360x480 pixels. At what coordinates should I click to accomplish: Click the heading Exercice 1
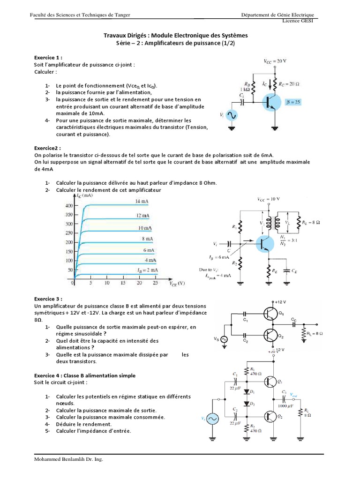click(x=48, y=57)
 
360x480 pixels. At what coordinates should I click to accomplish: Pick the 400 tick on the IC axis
click(x=69, y=205)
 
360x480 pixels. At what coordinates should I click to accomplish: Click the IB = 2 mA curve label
click(x=147, y=270)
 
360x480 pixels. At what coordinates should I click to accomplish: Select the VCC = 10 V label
click(x=269, y=199)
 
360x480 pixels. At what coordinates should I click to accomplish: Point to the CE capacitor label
click(x=293, y=271)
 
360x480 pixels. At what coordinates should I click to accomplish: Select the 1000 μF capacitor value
click(x=286, y=405)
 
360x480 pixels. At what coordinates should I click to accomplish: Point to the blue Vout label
click(x=296, y=395)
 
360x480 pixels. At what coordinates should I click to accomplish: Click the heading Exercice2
click(x=48, y=148)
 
